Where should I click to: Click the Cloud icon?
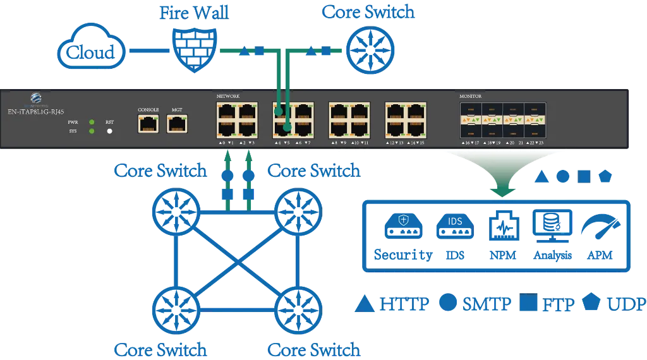coord(92,50)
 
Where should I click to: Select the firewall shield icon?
coord(195,49)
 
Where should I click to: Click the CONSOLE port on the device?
coord(148,124)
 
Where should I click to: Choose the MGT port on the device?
coord(177,124)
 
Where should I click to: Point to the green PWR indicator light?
coord(92,121)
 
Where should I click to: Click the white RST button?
coord(109,131)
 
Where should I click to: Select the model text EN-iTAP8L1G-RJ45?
coord(35,111)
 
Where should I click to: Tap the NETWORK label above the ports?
coord(228,96)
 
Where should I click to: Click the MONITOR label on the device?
coord(471,96)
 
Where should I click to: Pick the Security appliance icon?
coord(403,226)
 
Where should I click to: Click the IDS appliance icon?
coord(452,226)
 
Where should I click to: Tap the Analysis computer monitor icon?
coord(553,225)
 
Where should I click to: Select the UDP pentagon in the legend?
coord(592,303)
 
